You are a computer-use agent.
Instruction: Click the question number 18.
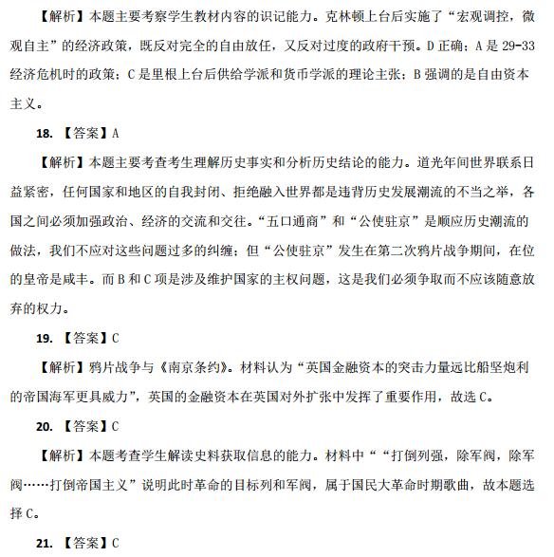pos(44,134)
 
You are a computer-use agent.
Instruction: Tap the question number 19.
pos(44,337)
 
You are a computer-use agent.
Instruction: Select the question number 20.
pos(44,426)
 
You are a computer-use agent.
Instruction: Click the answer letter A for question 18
pos(115,134)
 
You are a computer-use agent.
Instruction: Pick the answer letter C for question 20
pos(115,426)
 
